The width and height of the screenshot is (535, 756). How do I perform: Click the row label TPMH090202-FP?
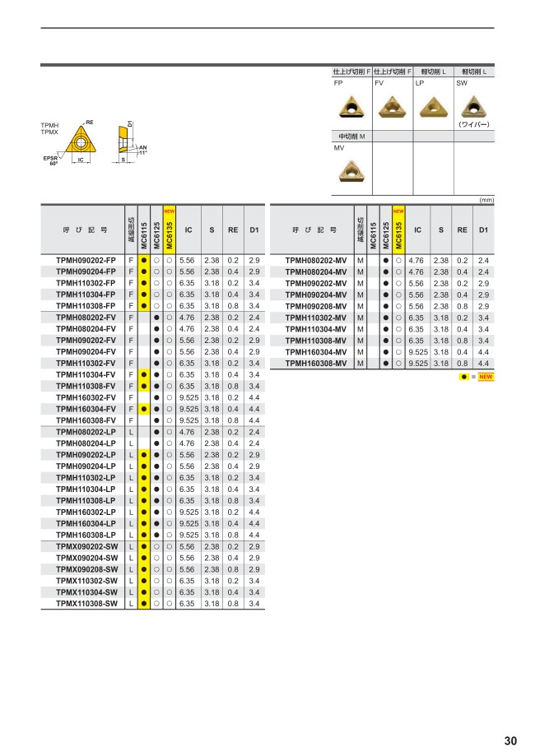[x=86, y=260]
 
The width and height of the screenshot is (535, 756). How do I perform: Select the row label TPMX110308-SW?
[x=86, y=603]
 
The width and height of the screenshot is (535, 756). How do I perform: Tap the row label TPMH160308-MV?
[x=315, y=363]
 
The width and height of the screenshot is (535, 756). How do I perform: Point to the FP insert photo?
[x=351, y=106]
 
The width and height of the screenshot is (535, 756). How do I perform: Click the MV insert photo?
[x=351, y=170]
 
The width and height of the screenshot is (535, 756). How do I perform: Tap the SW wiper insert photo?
[x=472, y=106]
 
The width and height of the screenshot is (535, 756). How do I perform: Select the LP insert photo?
[x=431, y=106]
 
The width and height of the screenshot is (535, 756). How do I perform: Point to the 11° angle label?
[x=142, y=152]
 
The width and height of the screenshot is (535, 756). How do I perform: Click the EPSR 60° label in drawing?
[x=50, y=160]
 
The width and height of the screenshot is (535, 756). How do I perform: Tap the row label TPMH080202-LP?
[x=86, y=432]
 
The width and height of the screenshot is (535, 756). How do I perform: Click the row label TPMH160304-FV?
[x=86, y=408]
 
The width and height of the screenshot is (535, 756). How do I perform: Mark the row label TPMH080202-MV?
[x=315, y=260]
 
